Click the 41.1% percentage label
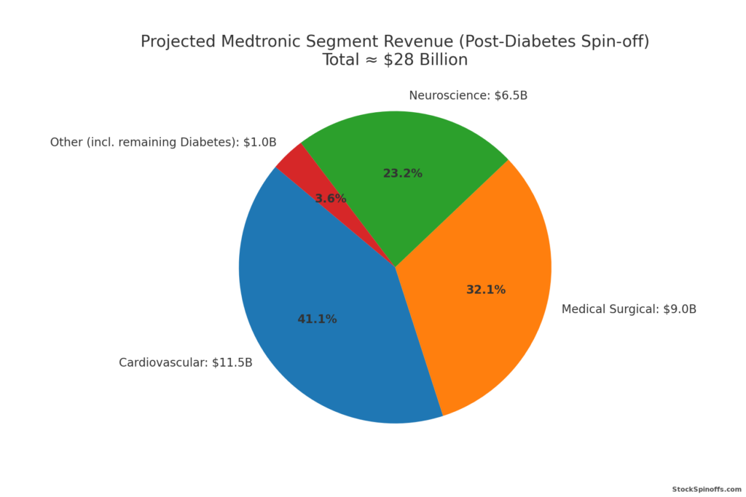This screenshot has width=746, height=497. click(x=317, y=319)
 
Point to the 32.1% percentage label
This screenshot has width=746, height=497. click(x=485, y=290)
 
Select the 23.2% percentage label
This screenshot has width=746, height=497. click(x=402, y=173)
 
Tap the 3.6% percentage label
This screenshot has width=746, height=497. click(x=330, y=198)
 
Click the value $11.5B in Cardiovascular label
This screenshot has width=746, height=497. click(x=232, y=362)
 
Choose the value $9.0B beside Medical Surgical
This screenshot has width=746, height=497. click(x=679, y=309)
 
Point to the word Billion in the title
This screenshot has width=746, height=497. click(x=443, y=60)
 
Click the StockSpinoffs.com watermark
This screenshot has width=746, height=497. click(x=706, y=490)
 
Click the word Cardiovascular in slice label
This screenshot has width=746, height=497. click(x=162, y=362)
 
